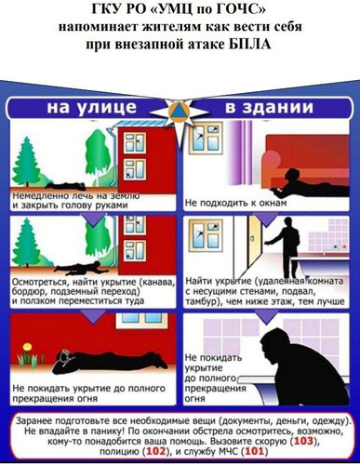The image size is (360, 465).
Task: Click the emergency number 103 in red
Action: (x=304, y=441)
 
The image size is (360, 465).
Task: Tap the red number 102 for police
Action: (x=156, y=451)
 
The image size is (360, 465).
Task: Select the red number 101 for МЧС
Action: (x=255, y=451)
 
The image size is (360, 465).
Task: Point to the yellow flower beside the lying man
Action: (x=27, y=346)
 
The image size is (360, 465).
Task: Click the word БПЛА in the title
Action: (x=250, y=45)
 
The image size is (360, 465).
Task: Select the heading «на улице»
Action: (x=91, y=107)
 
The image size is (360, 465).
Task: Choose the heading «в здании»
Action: (x=269, y=107)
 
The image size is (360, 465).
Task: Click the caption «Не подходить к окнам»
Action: (x=235, y=203)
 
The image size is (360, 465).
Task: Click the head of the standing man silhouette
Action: (x=288, y=222)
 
